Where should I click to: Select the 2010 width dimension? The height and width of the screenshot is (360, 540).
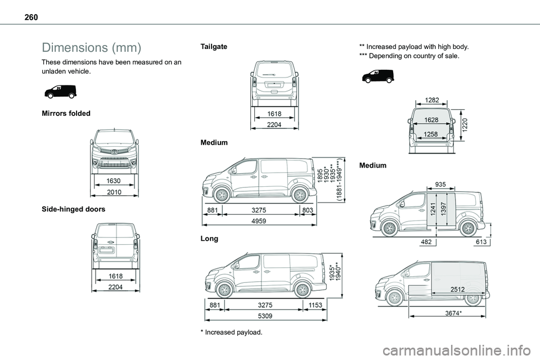coord(114,192)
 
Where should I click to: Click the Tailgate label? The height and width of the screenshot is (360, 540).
coord(214,47)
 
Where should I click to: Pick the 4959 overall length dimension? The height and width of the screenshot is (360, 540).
coord(259,221)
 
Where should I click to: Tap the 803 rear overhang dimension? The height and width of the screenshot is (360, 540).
coord(308,210)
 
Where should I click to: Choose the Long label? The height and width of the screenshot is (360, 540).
coord(209,238)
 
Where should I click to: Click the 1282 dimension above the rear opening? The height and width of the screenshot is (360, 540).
coord(433,100)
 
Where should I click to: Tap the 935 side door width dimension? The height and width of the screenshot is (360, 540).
coord(440,183)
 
